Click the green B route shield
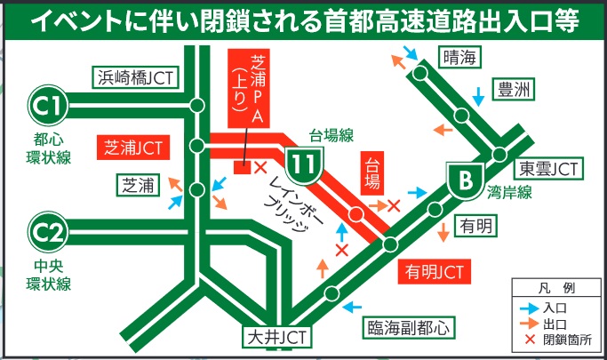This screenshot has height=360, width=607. coord(465,183)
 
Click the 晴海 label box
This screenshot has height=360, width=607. coord(459,58)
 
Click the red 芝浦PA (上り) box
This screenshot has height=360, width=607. coord(248,89)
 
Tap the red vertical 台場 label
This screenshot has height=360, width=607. coord(371,178)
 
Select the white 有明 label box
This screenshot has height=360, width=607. coord(476,227)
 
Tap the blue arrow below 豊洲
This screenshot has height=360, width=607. coord(480,92)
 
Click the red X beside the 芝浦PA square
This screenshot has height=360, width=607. coord(260,168)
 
